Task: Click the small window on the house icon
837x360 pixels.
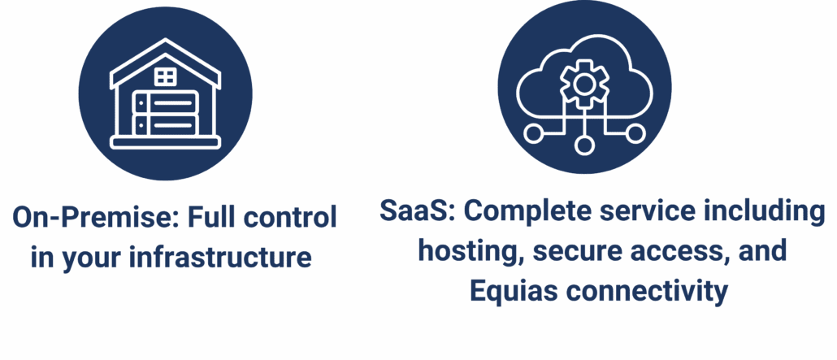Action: coord(166,77)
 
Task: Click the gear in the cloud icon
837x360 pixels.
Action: coord(584,83)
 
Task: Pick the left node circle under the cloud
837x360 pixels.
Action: coord(533,133)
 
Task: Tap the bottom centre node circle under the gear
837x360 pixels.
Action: coord(584,145)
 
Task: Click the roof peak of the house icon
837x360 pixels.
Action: coord(166,41)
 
